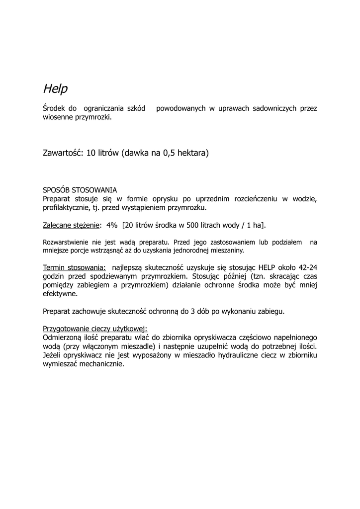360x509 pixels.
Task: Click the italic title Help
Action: point(55,89)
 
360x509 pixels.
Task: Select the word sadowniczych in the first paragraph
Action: point(274,108)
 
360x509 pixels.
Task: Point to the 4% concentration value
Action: point(112,225)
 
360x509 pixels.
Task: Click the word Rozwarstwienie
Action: point(66,243)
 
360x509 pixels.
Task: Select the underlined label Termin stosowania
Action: point(74,267)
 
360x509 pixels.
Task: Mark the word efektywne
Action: point(60,294)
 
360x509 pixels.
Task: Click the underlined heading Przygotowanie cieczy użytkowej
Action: point(95,329)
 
